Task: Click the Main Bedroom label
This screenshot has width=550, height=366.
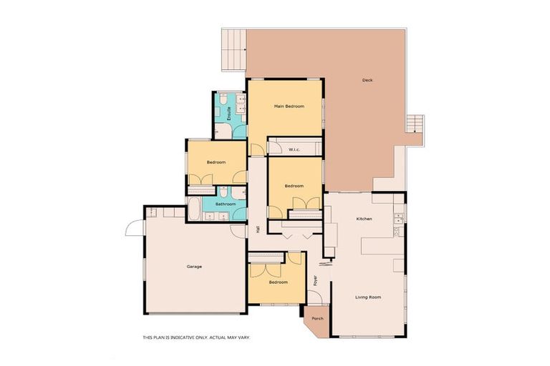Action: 289,107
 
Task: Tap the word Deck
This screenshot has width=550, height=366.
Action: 367,80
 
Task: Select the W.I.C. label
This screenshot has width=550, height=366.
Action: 294,149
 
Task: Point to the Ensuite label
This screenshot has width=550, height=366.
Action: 229,112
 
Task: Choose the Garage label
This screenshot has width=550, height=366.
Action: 194,267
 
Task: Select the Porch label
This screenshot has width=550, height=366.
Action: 317,319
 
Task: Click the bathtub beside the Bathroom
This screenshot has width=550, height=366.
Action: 194,209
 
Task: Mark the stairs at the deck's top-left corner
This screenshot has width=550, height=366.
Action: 233,49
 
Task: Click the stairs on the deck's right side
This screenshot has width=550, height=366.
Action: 415,124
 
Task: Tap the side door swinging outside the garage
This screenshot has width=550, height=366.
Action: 134,227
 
